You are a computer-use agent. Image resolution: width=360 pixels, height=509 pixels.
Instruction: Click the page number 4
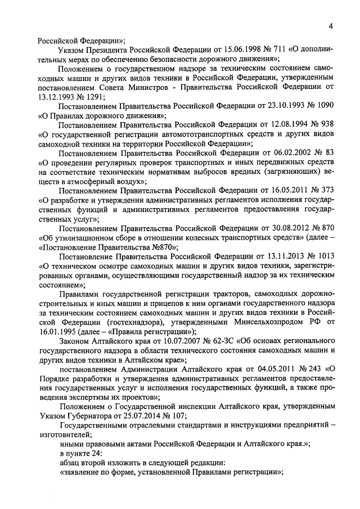[331, 25]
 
